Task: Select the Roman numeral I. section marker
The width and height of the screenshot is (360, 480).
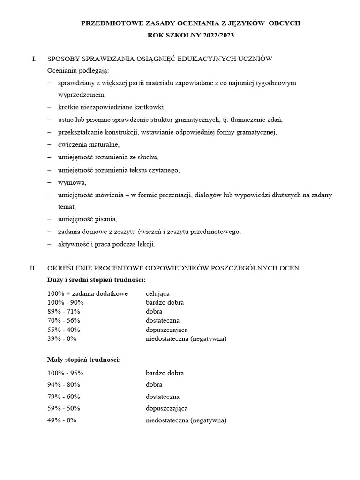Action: pos(34,59)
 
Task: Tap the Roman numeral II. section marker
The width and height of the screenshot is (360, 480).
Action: pos(33,268)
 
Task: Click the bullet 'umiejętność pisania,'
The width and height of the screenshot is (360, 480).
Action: pos(87,219)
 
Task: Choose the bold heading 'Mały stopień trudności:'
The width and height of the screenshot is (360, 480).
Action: pos(84,360)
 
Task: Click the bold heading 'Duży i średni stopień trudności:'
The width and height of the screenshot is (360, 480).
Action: pos(97,280)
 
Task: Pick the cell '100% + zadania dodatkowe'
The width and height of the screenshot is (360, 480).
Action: pos(87,293)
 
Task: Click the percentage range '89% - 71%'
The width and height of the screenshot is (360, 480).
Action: pos(64,311)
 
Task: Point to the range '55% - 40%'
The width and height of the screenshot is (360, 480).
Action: pos(64,330)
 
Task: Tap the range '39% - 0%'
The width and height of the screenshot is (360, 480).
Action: pos(62,338)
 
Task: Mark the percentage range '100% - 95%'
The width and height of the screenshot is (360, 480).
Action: pos(66,373)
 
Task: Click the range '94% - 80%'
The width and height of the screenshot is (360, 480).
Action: pos(64,385)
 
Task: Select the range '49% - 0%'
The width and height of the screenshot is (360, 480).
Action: pos(62,420)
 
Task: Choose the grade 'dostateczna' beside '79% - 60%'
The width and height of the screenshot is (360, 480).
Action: pos(163,397)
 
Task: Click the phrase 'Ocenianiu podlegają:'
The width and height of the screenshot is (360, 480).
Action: pos(78,71)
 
